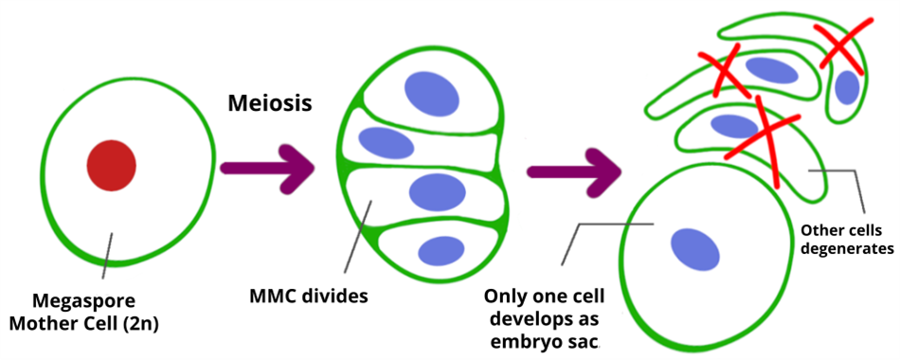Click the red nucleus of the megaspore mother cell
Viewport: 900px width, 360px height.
point(111,165)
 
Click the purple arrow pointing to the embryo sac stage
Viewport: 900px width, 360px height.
point(573,171)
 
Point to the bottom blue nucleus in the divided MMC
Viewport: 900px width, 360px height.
point(441,251)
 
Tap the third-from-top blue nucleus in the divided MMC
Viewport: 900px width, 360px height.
point(437,192)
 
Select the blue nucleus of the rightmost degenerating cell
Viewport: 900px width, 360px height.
point(847,87)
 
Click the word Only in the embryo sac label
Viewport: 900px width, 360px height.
point(510,295)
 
